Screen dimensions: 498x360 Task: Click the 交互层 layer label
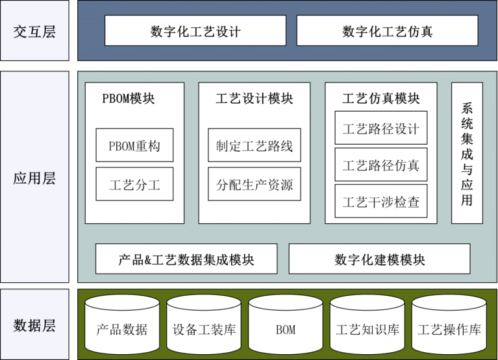pos(34,32)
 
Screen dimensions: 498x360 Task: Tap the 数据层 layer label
pos(34,325)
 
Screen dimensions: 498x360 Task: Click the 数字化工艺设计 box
pos(195,31)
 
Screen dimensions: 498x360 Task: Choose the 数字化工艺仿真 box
pos(387,31)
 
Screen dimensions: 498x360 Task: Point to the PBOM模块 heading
pos(129,99)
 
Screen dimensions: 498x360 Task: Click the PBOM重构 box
pos(134,146)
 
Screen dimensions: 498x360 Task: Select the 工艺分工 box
pos(134,185)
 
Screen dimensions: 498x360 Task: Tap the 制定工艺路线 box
pos(255,146)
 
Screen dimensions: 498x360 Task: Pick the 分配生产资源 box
pos(255,185)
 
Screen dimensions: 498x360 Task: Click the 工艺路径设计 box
pos(380,128)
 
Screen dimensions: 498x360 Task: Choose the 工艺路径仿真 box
pos(380,165)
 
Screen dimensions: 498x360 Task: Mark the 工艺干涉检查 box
pos(380,202)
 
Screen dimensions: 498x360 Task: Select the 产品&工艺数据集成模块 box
pos(186,259)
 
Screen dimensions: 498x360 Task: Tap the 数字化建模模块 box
pos(379,259)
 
